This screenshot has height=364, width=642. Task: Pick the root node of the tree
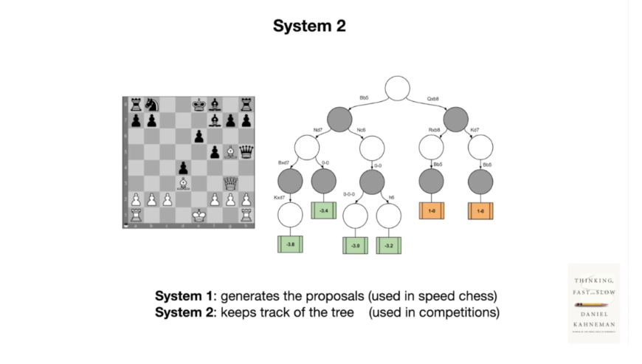[397, 88]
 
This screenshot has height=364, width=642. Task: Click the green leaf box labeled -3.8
[290, 244]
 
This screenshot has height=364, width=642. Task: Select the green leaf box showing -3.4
[324, 211]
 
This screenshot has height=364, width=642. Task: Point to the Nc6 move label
[361, 130]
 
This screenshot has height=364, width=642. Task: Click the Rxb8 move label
[434, 130]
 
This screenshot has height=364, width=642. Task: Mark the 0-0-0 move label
[350, 196]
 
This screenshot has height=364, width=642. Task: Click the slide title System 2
[309, 27]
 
